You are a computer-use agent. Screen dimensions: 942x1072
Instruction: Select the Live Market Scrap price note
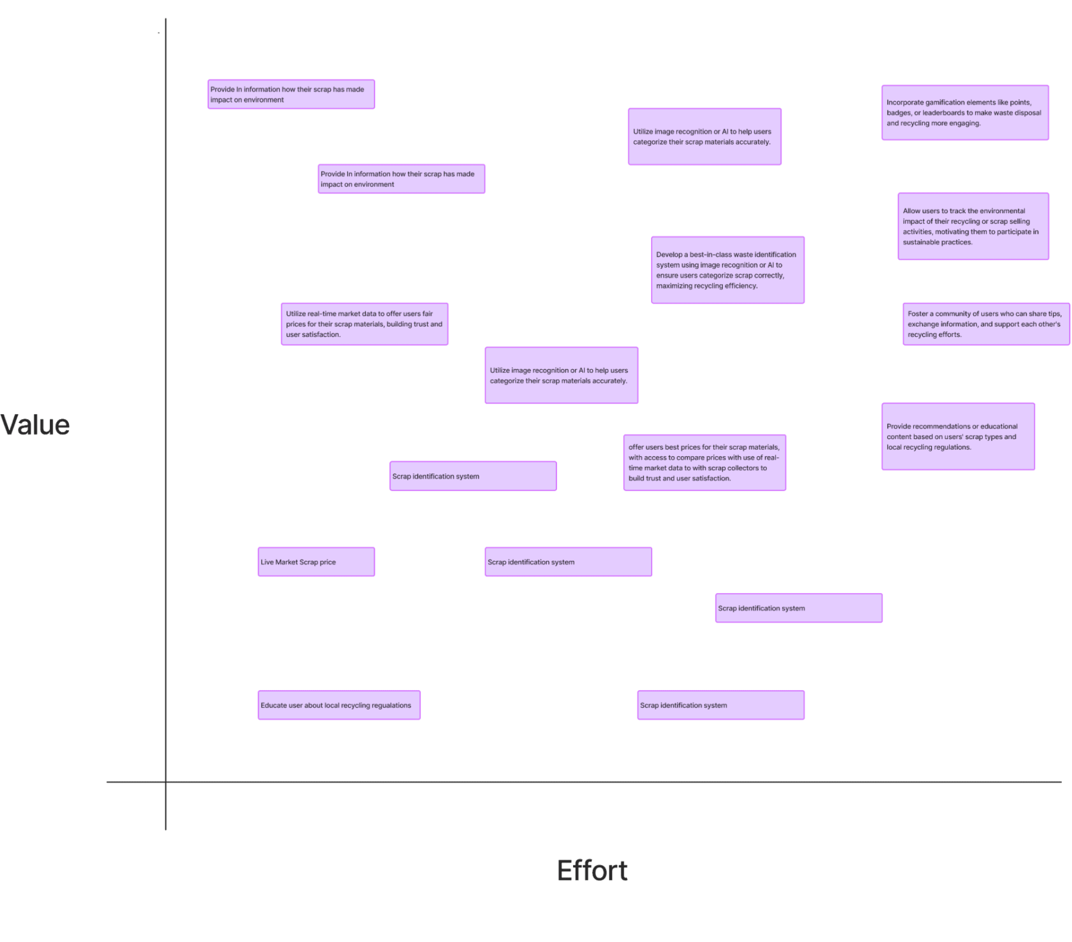[x=316, y=562]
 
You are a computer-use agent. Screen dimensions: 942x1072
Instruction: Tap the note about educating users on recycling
[x=339, y=705]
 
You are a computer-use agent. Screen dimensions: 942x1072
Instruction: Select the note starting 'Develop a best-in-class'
[x=728, y=270]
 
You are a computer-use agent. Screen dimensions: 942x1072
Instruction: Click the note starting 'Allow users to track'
[x=973, y=226]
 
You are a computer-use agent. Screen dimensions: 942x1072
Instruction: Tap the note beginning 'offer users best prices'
[x=705, y=463]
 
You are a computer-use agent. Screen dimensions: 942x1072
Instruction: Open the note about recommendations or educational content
[x=958, y=436]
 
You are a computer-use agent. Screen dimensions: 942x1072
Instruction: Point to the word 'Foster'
[x=918, y=314]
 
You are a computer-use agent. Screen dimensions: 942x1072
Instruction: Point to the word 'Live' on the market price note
[x=267, y=562]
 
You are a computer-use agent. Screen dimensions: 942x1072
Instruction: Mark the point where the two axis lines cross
[x=166, y=782]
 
